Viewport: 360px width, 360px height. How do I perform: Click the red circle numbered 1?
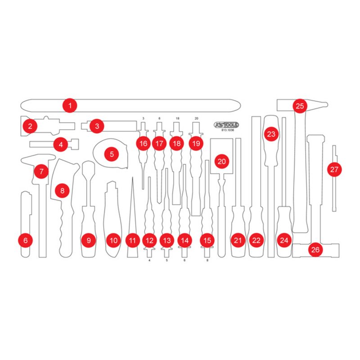coord(70,106)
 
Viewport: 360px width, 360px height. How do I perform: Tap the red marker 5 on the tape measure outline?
coord(112,154)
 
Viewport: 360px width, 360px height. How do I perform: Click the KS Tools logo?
coord(226,125)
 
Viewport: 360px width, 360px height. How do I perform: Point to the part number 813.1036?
coord(227,130)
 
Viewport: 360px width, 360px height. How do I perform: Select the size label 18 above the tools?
coord(177,118)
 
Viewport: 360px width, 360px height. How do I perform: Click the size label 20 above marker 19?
coord(196,118)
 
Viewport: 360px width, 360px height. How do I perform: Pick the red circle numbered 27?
coord(334,170)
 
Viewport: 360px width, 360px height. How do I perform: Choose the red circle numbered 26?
coord(315,249)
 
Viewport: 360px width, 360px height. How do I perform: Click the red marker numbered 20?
coord(221,161)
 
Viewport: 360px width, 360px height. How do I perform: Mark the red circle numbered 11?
coord(132,240)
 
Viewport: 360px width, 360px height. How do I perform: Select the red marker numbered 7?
coord(41,171)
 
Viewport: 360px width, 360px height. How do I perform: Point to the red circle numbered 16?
coord(143,144)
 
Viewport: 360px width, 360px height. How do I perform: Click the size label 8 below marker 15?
coord(207,261)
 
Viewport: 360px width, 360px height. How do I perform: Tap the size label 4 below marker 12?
coord(149,261)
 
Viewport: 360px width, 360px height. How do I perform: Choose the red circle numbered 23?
coord(271,134)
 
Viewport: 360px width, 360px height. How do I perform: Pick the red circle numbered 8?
coord(62,190)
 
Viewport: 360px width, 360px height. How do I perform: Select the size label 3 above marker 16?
coord(144,118)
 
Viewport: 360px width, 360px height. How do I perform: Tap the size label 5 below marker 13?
coord(167,261)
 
